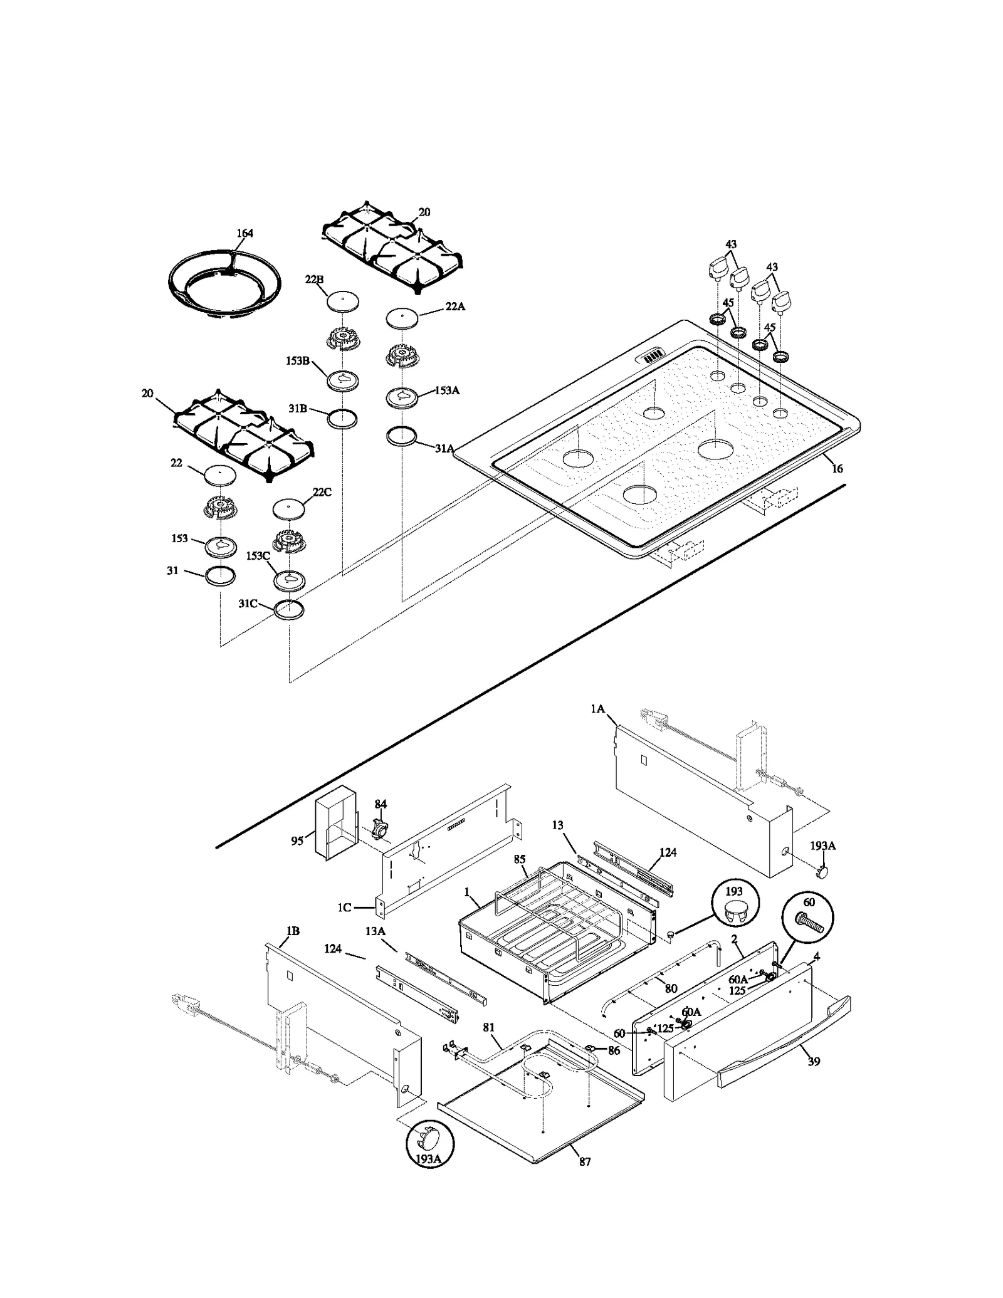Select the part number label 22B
[x=314, y=280]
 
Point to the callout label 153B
[x=298, y=360]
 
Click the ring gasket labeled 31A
[x=402, y=436]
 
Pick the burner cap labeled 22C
[x=289, y=509]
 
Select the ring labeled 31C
[x=289, y=609]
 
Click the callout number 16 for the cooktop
[x=837, y=468]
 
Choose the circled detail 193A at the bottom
[x=429, y=1144]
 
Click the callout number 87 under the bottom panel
[x=584, y=1161]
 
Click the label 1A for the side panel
[x=597, y=709]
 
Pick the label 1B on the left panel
[x=292, y=948]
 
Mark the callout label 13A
[x=375, y=948]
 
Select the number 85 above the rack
[x=519, y=859]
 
